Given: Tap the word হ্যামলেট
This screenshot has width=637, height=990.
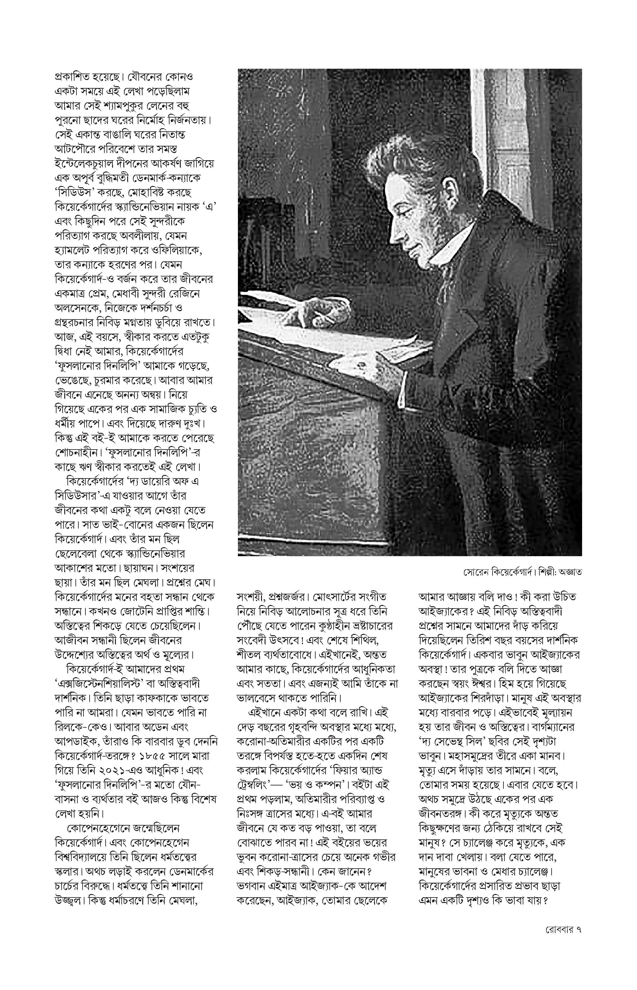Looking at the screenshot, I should (73, 251).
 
